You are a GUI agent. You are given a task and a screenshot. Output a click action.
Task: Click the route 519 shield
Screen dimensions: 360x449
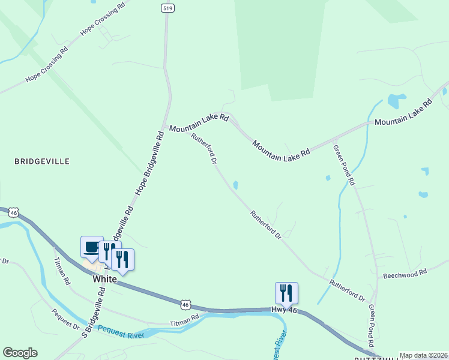coord(167,8)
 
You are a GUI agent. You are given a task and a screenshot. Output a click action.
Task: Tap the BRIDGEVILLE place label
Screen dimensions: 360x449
coord(42,161)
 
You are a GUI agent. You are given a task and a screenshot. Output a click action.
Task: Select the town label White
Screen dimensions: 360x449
coord(104,279)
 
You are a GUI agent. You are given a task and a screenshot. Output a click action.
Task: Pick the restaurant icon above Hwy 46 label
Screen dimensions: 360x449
coord(286,293)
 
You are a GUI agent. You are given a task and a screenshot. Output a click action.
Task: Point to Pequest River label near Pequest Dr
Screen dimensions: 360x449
coord(122,331)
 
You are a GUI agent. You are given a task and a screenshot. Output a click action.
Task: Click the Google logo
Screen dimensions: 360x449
coord(20,353)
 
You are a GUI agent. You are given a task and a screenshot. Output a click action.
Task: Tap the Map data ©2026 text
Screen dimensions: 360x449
coord(423,355)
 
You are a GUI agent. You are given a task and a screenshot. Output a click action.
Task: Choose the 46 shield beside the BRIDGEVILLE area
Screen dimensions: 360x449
coord(14,212)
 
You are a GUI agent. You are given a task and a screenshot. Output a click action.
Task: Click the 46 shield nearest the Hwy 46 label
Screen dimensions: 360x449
coord(187,304)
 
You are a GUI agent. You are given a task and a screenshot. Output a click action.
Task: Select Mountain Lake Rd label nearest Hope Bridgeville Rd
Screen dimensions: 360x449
coord(198,124)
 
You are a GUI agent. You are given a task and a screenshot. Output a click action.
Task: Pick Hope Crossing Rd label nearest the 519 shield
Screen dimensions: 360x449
coord(103,20)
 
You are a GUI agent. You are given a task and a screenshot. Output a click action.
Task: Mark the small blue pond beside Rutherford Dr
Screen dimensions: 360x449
coord(235,185)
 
